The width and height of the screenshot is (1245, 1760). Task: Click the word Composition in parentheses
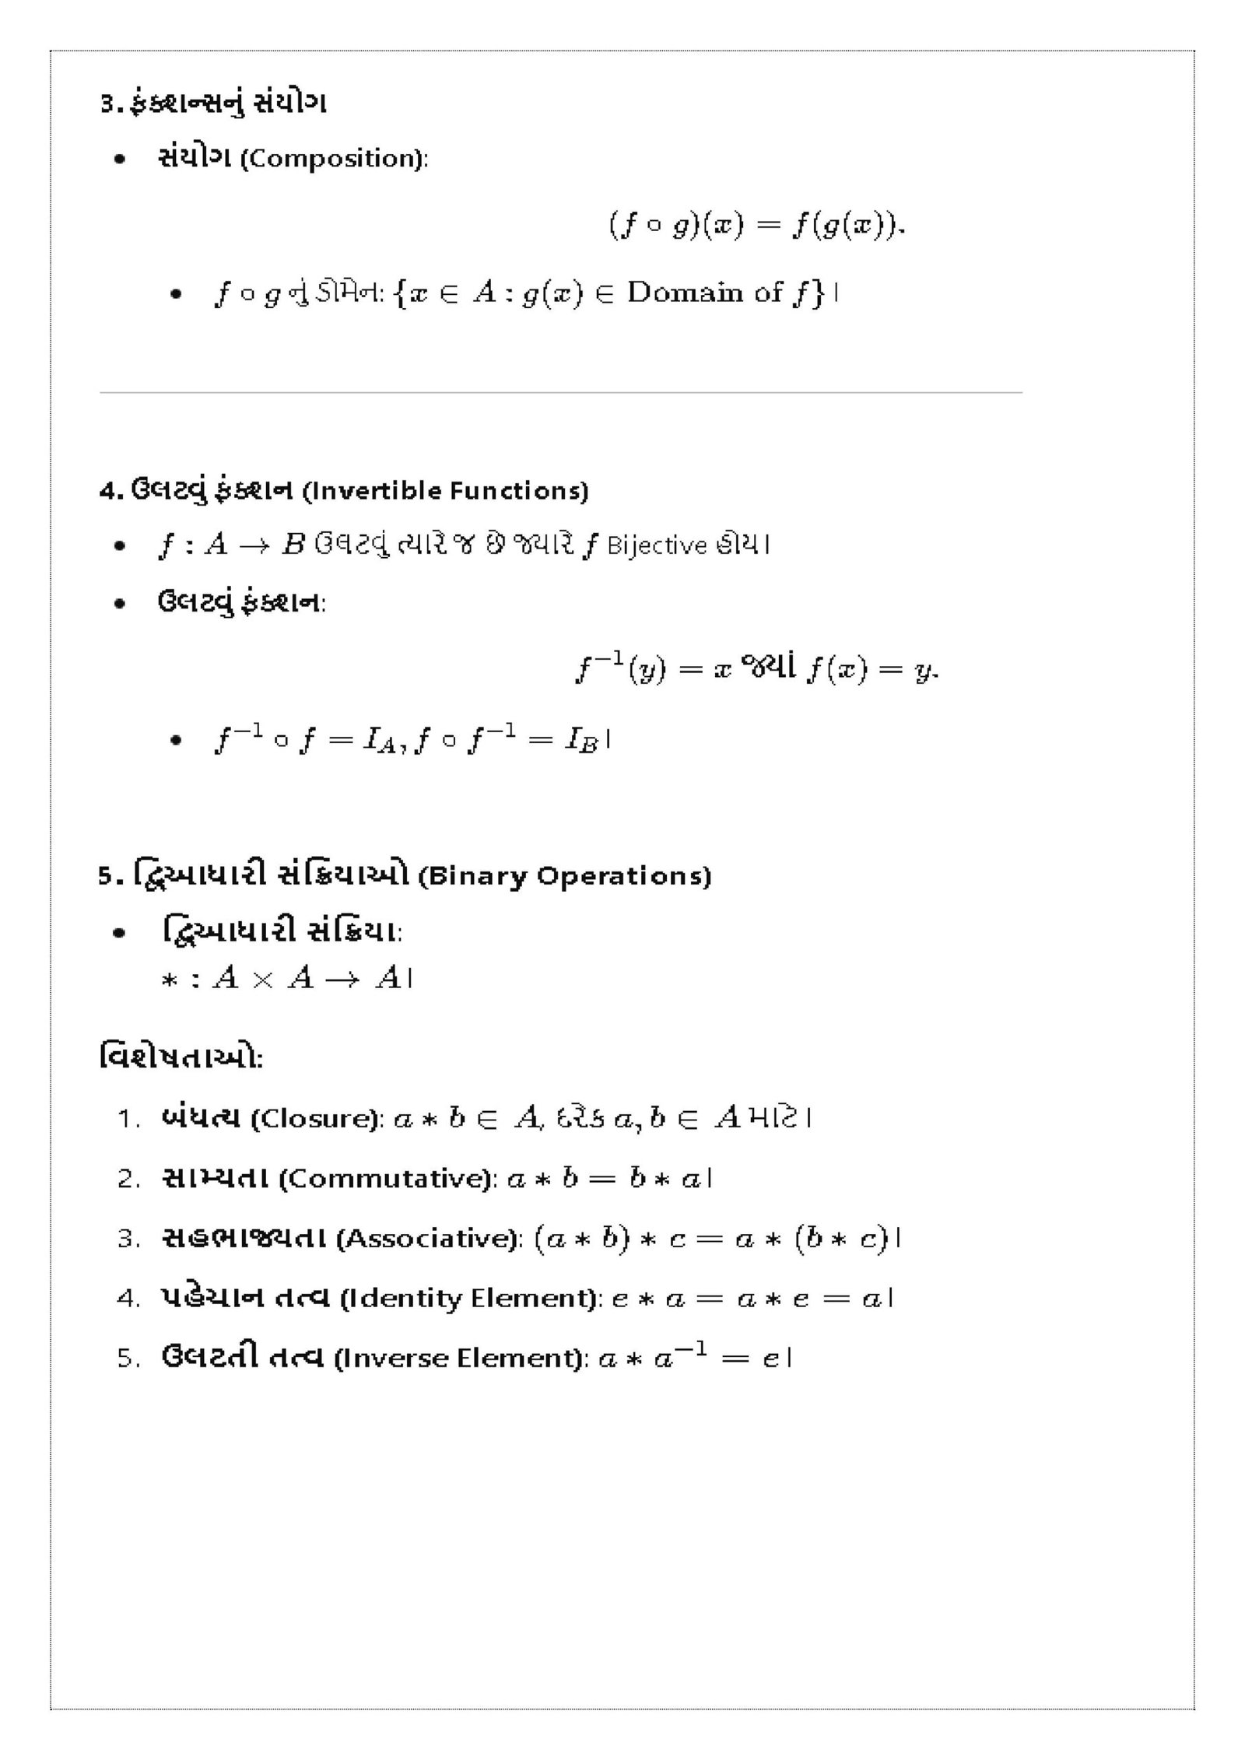pos(331,160)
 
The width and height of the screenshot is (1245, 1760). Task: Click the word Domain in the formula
pos(685,293)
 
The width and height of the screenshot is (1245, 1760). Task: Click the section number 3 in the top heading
pos(107,103)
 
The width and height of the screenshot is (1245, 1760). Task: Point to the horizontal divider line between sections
pos(560,393)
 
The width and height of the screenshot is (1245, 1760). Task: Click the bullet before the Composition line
pos(119,160)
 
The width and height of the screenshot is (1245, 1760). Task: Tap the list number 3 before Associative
pos(127,1239)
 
